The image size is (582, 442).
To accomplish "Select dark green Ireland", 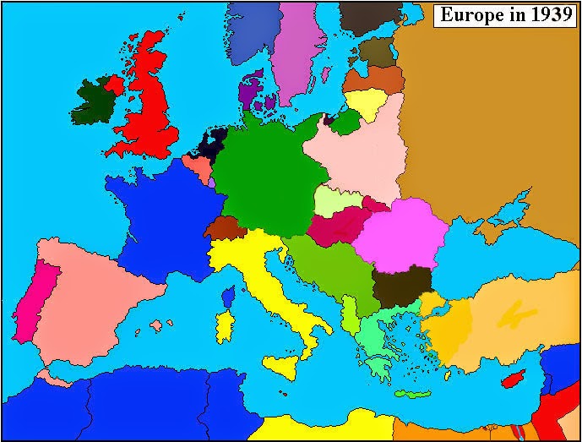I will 95,102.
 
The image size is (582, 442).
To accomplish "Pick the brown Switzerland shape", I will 224,227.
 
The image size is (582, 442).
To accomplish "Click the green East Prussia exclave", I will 345,123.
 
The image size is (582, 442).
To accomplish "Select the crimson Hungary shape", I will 337,226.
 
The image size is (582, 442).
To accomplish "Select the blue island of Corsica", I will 227,296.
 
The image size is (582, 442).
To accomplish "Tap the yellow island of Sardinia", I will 225,327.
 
